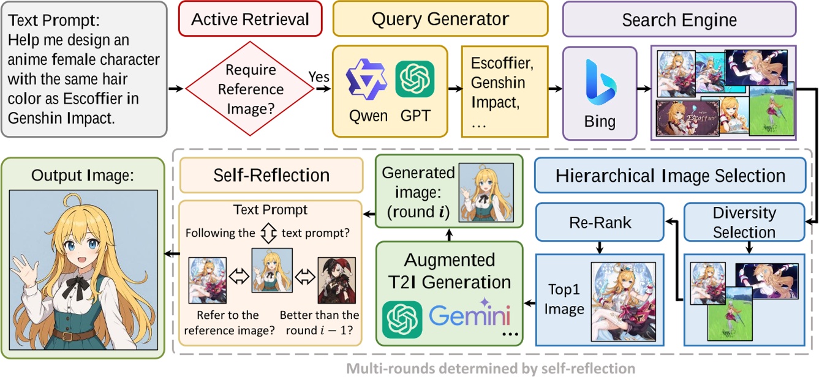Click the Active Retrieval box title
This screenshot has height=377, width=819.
pyautogui.click(x=250, y=19)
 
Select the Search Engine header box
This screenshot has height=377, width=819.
pyautogui.click(x=679, y=20)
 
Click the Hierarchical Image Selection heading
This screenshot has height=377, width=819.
pyautogui.click(x=670, y=177)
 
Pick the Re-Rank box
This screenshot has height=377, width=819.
pyautogui.click(x=600, y=221)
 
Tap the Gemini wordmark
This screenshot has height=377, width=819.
pyautogui.click(x=469, y=316)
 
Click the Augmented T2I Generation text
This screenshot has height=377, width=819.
pyautogui.click(x=449, y=271)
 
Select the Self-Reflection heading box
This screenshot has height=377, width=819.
pyautogui.click(x=271, y=176)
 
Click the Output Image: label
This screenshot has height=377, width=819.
pyautogui.click(x=83, y=175)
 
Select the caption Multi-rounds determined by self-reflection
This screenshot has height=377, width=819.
pyautogui.click(x=490, y=368)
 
